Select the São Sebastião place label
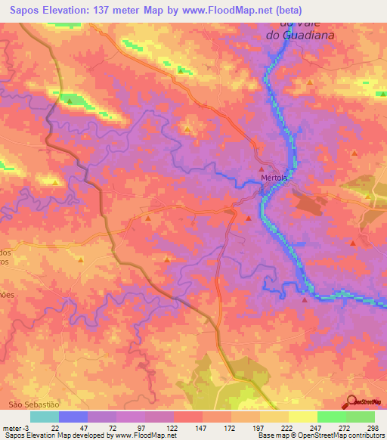point(33,405)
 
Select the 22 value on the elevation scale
point(55,427)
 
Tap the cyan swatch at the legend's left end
point(45,417)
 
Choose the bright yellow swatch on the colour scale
point(302,417)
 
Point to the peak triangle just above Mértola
point(262,169)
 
